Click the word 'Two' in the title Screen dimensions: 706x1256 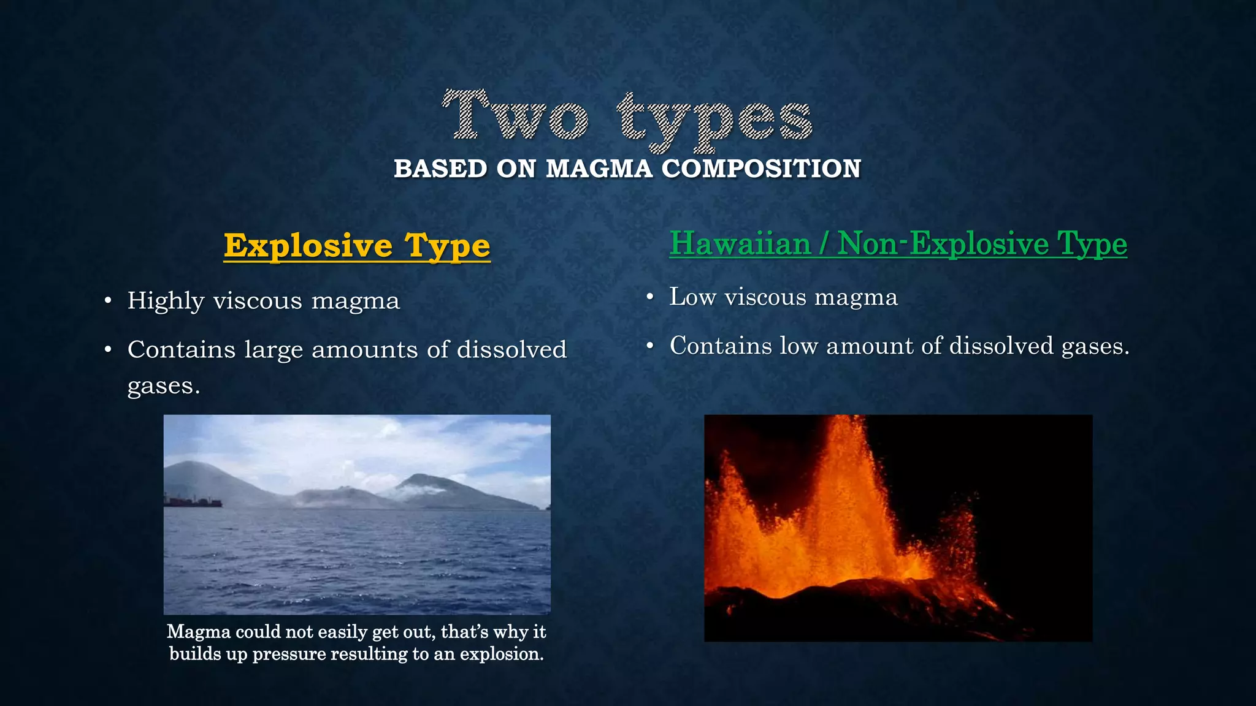click(516, 115)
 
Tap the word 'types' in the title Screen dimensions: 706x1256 click(715, 120)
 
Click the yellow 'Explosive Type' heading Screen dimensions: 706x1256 click(357, 246)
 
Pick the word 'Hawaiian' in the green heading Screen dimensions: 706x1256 click(740, 243)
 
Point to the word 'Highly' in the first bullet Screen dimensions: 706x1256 click(166, 302)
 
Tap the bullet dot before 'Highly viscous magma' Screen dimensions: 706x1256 click(108, 302)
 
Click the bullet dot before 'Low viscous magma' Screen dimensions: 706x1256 click(650, 298)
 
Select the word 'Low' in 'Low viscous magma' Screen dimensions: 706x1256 click(693, 297)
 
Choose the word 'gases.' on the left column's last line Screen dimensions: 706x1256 click(164, 386)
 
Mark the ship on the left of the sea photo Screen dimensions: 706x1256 click(193, 502)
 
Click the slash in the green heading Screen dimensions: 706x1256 click(824, 243)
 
